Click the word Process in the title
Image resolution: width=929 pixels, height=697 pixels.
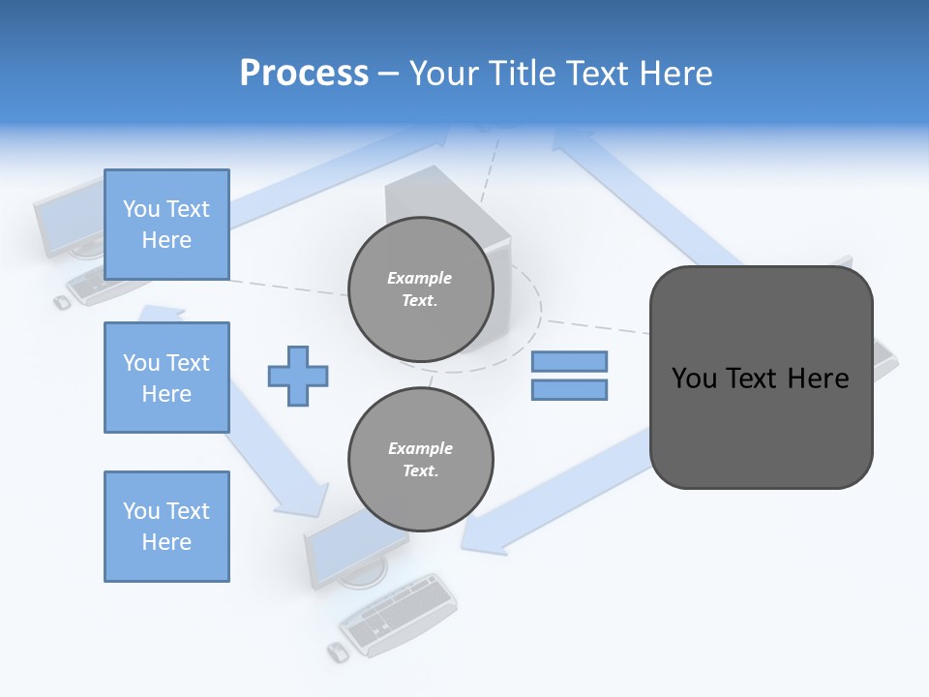tap(304, 73)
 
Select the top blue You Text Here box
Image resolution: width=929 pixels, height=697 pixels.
tap(166, 225)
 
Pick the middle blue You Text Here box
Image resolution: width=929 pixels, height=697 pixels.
tap(166, 378)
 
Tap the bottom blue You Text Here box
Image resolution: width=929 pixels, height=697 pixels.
tap(166, 527)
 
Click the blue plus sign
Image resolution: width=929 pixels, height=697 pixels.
tap(298, 375)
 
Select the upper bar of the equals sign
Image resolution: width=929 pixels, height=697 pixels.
tap(569, 361)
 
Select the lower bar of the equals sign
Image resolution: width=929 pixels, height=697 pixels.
tap(569, 389)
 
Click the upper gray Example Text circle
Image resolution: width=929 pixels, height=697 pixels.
tap(420, 288)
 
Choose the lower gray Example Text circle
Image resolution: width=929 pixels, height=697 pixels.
tap(420, 459)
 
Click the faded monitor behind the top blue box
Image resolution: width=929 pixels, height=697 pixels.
tap(68, 218)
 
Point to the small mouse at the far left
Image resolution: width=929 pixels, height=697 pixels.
tap(62, 302)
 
